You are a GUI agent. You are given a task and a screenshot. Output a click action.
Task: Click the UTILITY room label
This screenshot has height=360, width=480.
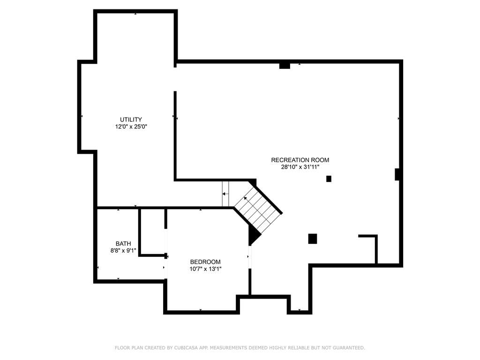point(131,120)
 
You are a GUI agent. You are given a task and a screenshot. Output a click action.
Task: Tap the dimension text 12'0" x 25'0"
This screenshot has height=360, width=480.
point(131,127)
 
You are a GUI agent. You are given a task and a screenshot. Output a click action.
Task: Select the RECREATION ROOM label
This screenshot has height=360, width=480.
point(300,160)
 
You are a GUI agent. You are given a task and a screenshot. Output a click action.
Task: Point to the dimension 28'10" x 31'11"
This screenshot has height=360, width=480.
point(300,167)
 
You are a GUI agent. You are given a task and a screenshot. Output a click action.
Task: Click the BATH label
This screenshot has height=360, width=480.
point(123,244)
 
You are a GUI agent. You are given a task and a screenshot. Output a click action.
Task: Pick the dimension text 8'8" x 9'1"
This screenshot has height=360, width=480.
point(123,250)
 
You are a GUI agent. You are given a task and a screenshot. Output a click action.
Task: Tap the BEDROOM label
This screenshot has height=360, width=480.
point(205,262)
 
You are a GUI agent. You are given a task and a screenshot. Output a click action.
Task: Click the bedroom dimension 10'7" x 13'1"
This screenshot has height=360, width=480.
point(205,269)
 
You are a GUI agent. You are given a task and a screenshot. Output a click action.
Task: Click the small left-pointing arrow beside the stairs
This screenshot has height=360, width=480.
point(225,194)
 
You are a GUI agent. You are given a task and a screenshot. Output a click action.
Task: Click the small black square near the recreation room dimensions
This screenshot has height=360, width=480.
point(329,179)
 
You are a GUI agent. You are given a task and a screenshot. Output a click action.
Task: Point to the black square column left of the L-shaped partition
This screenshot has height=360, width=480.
point(312,239)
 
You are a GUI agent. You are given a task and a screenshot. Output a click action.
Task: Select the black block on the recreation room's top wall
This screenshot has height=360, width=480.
point(285,66)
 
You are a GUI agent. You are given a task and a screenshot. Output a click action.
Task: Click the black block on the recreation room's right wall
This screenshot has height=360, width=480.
point(397,174)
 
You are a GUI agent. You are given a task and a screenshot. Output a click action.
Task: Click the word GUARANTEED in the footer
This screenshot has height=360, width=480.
point(349,348)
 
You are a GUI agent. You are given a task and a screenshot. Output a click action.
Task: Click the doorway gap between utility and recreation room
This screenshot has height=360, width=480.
point(175,79)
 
